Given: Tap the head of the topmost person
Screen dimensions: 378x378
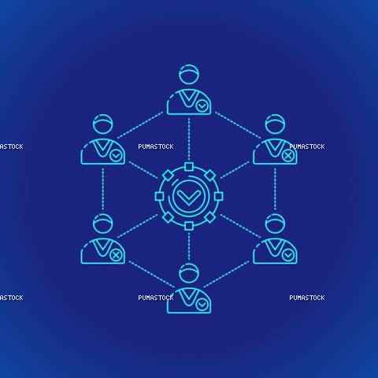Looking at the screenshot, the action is (x=189, y=74).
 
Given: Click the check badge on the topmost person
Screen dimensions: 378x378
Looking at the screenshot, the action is (x=202, y=106).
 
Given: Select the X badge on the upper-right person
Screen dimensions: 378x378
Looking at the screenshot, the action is (x=288, y=156).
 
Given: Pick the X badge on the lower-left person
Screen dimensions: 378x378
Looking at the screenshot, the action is (x=116, y=255).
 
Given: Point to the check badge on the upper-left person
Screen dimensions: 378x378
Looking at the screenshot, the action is (x=116, y=156).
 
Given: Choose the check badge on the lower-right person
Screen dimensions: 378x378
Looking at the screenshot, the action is (x=288, y=255).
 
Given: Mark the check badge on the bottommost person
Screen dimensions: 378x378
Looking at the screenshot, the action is (x=202, y=305).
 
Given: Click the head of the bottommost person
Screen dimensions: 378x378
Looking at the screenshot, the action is (x=189, y=273).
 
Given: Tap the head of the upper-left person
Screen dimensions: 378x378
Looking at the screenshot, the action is (x=103, y=124).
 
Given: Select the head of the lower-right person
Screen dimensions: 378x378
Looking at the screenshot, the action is (x=275, y=224).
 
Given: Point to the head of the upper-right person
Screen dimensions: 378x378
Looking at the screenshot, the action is (x=275, y=124).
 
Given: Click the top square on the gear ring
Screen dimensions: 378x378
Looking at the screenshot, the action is (x=189, y=167).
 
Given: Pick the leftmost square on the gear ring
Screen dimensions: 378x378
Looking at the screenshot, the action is (x=159, y=196).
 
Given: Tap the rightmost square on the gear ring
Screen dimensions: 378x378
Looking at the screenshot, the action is (x=219, y=196).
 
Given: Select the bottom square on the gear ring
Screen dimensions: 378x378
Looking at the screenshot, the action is (x=189, y=226).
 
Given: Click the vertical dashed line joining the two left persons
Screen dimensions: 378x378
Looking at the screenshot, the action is (x=103, y=190).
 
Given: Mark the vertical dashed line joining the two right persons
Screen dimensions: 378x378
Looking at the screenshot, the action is (x=275, y=190).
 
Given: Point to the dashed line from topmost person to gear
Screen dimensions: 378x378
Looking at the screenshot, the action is (x=189, y=139).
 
